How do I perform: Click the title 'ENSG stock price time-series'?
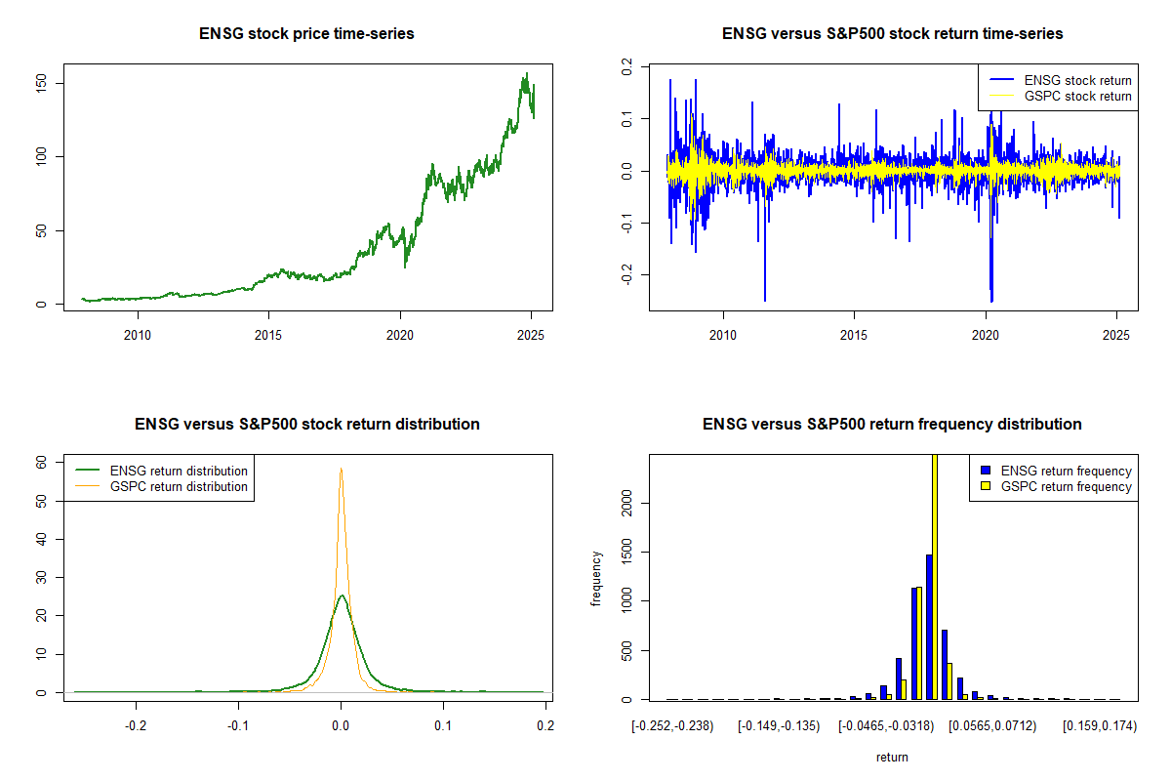306,33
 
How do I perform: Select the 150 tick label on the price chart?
41,83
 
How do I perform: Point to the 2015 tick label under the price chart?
268,335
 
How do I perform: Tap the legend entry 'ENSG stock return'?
1077,81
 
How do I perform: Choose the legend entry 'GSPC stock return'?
1077,97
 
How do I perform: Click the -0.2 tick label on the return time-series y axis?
626,274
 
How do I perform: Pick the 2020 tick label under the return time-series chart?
986,335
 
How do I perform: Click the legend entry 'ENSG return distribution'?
179,471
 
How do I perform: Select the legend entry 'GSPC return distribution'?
179,486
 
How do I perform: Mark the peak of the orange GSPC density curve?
341,469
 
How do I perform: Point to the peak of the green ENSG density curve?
342,596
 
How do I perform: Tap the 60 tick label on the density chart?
41,463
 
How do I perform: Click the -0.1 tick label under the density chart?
238,726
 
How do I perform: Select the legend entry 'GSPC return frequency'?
1066,486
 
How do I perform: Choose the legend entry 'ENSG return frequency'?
1066,471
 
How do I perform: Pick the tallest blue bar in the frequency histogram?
929,627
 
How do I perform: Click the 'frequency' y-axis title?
596,579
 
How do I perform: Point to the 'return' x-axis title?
892,758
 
